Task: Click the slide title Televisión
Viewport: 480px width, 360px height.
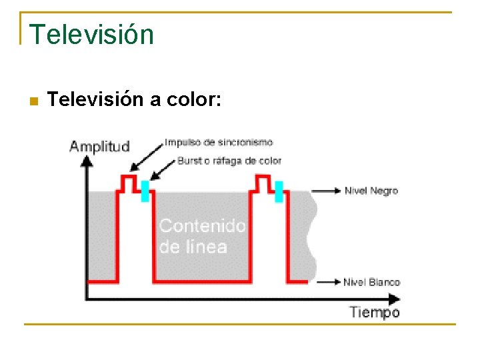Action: coord(91,34)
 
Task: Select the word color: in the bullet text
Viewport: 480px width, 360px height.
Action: coord(199,100)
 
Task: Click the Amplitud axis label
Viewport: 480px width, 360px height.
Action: coord(100,147)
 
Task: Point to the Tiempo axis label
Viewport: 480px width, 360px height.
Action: coord(375,312)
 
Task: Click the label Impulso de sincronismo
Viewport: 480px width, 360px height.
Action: coord(219,142)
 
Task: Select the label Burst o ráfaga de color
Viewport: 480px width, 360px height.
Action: coord(229,161)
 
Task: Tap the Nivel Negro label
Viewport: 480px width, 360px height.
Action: coord(371,191)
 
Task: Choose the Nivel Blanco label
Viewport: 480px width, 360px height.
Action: coord(371,282)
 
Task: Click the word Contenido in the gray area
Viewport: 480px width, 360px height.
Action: coord(203,226)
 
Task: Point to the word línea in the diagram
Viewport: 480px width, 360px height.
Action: coord(203,247)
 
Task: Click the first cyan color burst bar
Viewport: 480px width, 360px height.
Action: coord(144,190)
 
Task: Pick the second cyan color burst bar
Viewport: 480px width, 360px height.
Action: coord(279,191)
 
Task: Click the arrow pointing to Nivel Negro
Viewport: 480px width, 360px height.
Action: coord(327,191)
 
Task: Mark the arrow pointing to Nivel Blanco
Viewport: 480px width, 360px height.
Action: coord(327,283)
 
